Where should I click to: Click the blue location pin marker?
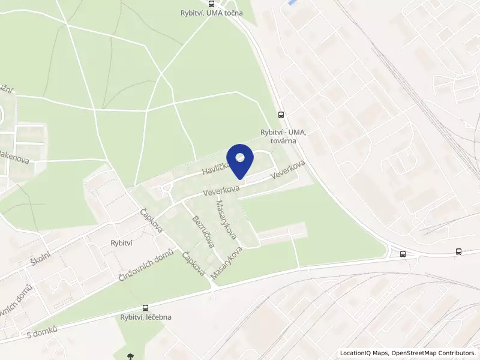[241, 160]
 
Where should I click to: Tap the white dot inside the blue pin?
[241, 158]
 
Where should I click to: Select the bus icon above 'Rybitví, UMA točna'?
[211, 4]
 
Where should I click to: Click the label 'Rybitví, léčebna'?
[146, 317]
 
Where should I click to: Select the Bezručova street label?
[202, 231]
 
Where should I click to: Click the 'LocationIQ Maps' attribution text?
[365, 353]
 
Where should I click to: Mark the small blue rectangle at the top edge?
[292, 3]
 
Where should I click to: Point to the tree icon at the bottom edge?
[130, 356]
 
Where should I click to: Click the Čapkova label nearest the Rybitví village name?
[151, 221]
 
